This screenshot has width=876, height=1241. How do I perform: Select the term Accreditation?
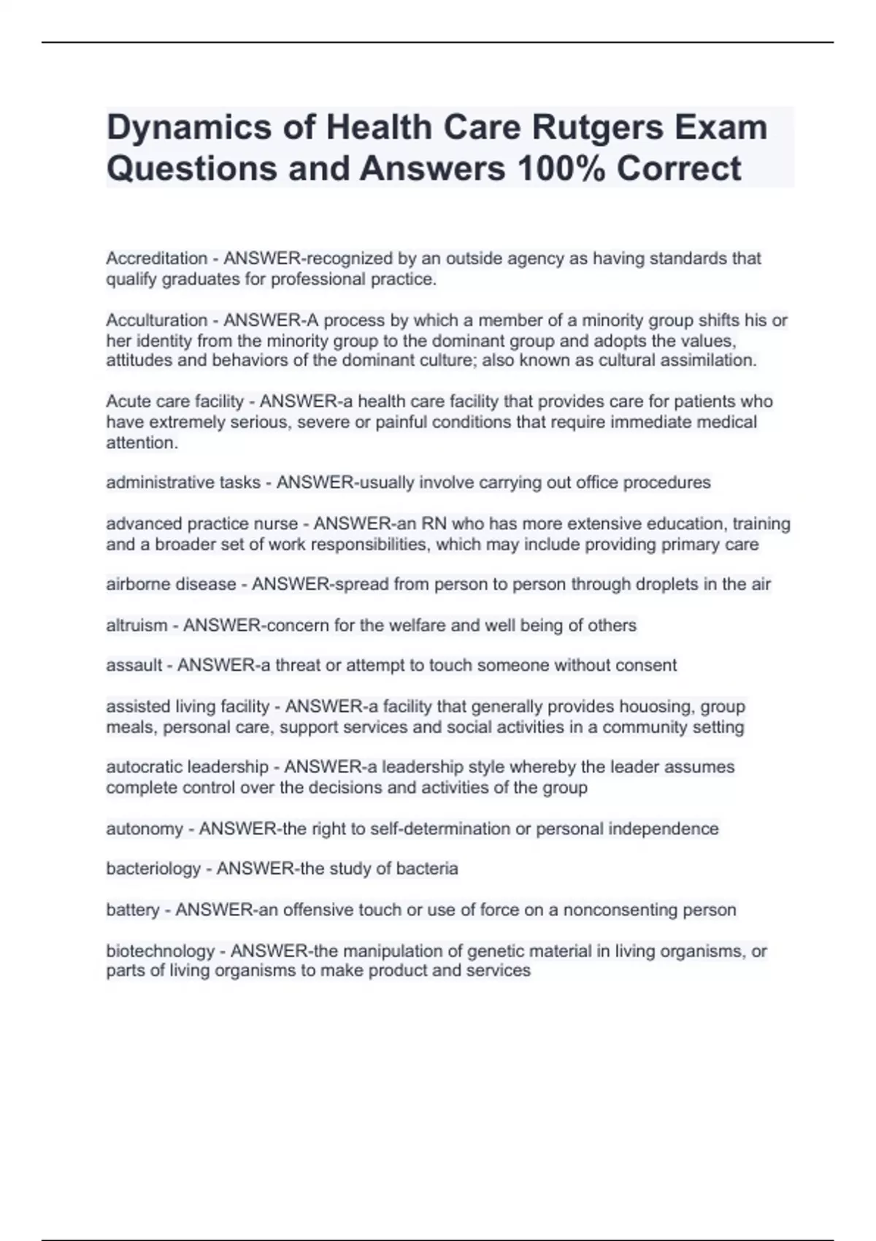157,258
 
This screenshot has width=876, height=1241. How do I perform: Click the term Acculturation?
157,320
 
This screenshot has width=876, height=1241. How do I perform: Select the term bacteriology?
153,869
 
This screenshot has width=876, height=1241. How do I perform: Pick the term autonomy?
145,829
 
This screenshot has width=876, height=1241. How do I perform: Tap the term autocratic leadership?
188,767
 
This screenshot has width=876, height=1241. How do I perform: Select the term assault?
134,666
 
